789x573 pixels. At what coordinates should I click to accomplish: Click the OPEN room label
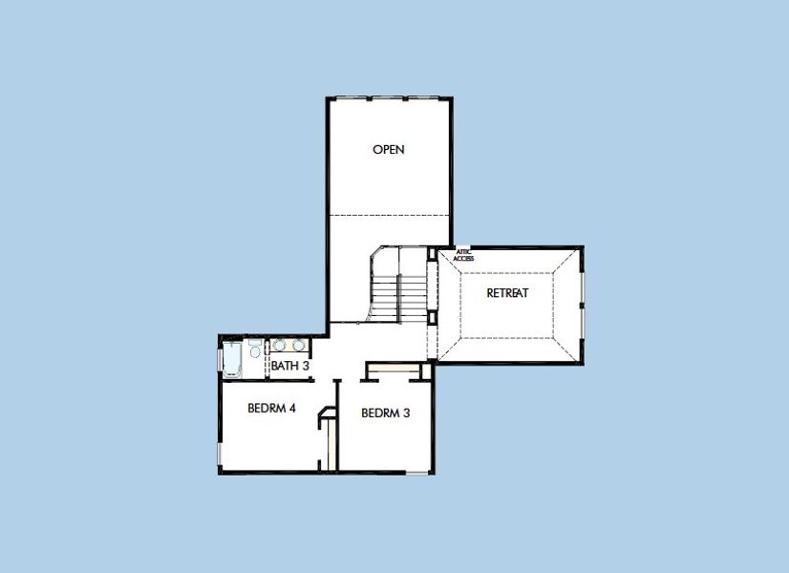pos(389,149)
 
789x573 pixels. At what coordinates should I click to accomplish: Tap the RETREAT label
pos(507,293)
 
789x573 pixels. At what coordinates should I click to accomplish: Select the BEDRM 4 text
pos(271,408)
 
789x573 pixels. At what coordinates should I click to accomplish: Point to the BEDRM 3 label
pos(385,414)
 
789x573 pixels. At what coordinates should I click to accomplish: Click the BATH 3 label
pos(289,366)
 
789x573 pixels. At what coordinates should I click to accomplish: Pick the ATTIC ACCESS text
pos(463,255)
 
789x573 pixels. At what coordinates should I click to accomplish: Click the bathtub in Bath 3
pos(232,359)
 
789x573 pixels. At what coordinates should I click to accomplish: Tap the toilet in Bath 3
pos(254,350)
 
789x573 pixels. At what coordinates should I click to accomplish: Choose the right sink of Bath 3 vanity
pos(300,346)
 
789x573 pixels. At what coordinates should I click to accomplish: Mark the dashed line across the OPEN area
pos(389,215)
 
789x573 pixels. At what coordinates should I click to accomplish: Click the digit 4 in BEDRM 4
pos(292,408)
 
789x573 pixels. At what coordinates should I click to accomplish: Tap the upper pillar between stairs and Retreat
pos(432,253)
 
